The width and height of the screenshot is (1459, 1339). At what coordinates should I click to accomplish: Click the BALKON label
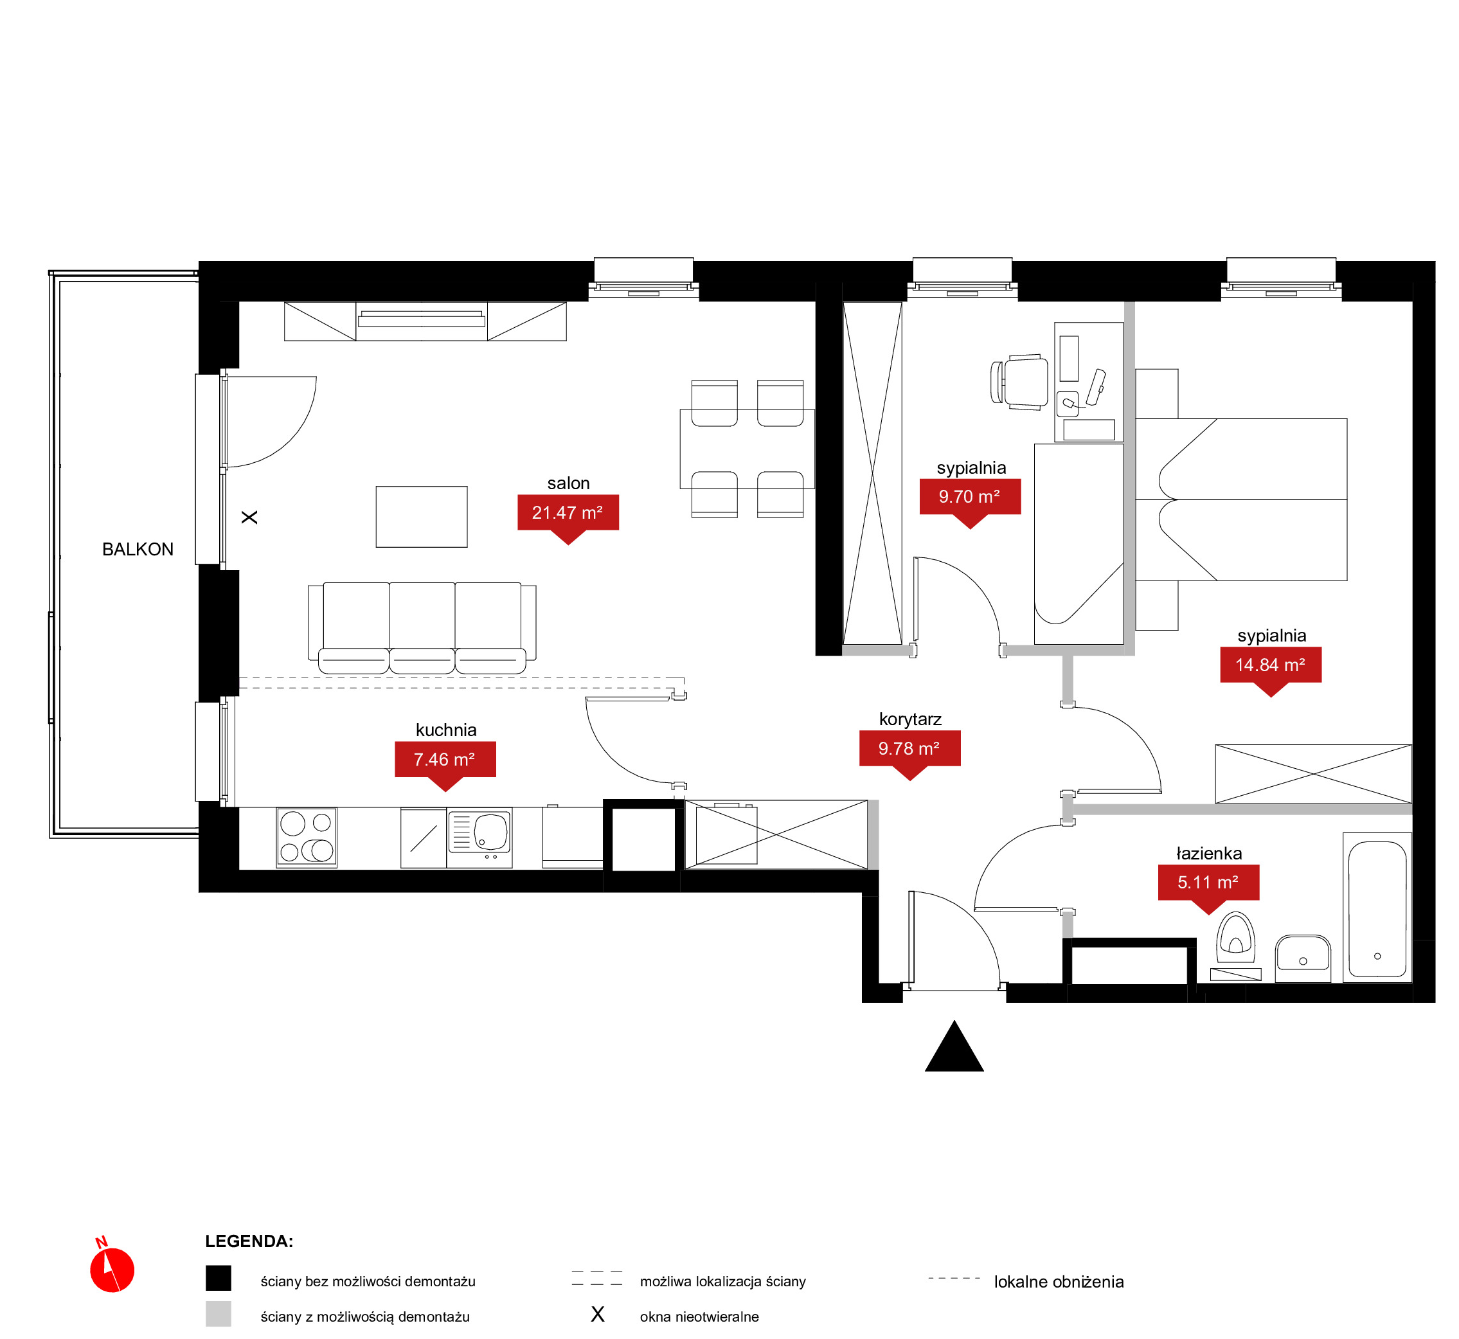tap(138, 549)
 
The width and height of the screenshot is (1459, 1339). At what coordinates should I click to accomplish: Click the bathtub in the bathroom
tap(1377, 908)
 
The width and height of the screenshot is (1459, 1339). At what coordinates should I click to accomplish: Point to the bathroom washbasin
tap(1303, 957)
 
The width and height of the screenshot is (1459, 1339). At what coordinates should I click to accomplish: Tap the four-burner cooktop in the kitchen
tap(307, 838)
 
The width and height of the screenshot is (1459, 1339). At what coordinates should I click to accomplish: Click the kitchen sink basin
tap(491, 832)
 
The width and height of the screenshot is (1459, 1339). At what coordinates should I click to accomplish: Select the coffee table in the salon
tap(422, 517)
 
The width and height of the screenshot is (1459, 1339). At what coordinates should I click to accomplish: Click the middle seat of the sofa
tap(422, 627)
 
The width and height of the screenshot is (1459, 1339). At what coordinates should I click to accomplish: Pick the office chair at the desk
tap(1019, 382)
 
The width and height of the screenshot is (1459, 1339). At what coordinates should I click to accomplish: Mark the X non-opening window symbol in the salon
tap(249, 517)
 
